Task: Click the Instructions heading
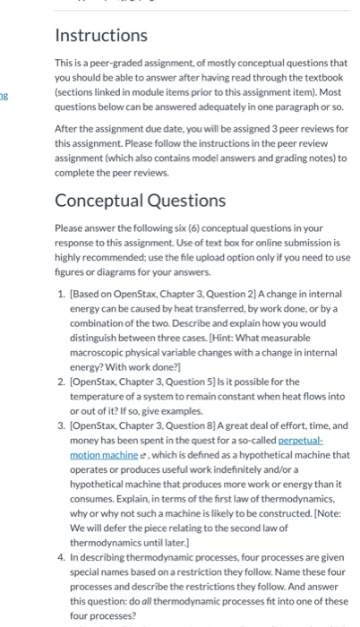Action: (101, 36)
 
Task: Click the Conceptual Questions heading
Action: (140, 200)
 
